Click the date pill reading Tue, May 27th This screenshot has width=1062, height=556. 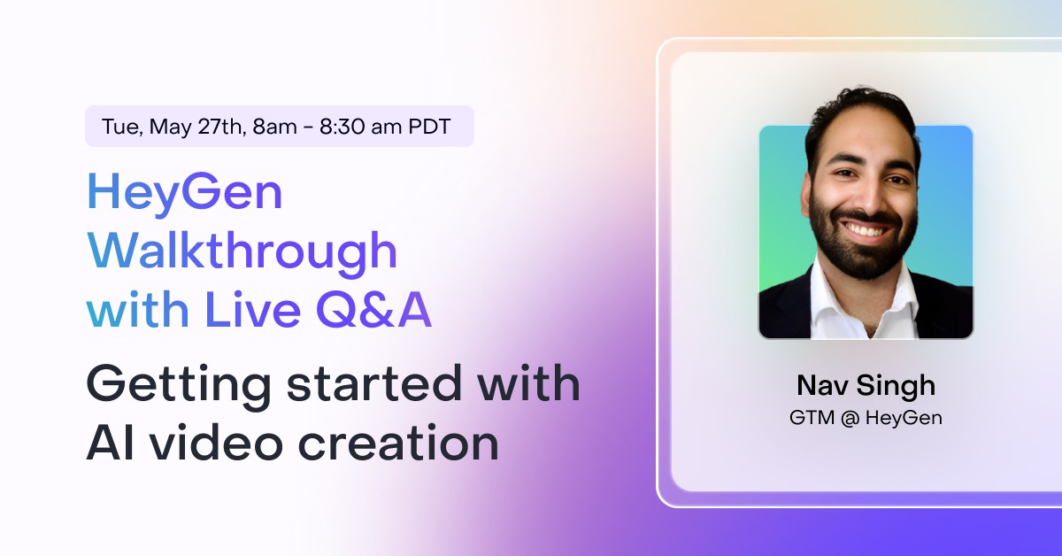[279, 126]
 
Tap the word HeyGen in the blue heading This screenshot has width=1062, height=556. [184, 193]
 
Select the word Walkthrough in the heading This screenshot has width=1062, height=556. [242, 251]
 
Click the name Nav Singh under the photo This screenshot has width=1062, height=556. [866, 386]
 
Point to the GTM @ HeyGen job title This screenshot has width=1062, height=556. [866, 418]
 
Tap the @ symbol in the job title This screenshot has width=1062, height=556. [850, 418]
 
